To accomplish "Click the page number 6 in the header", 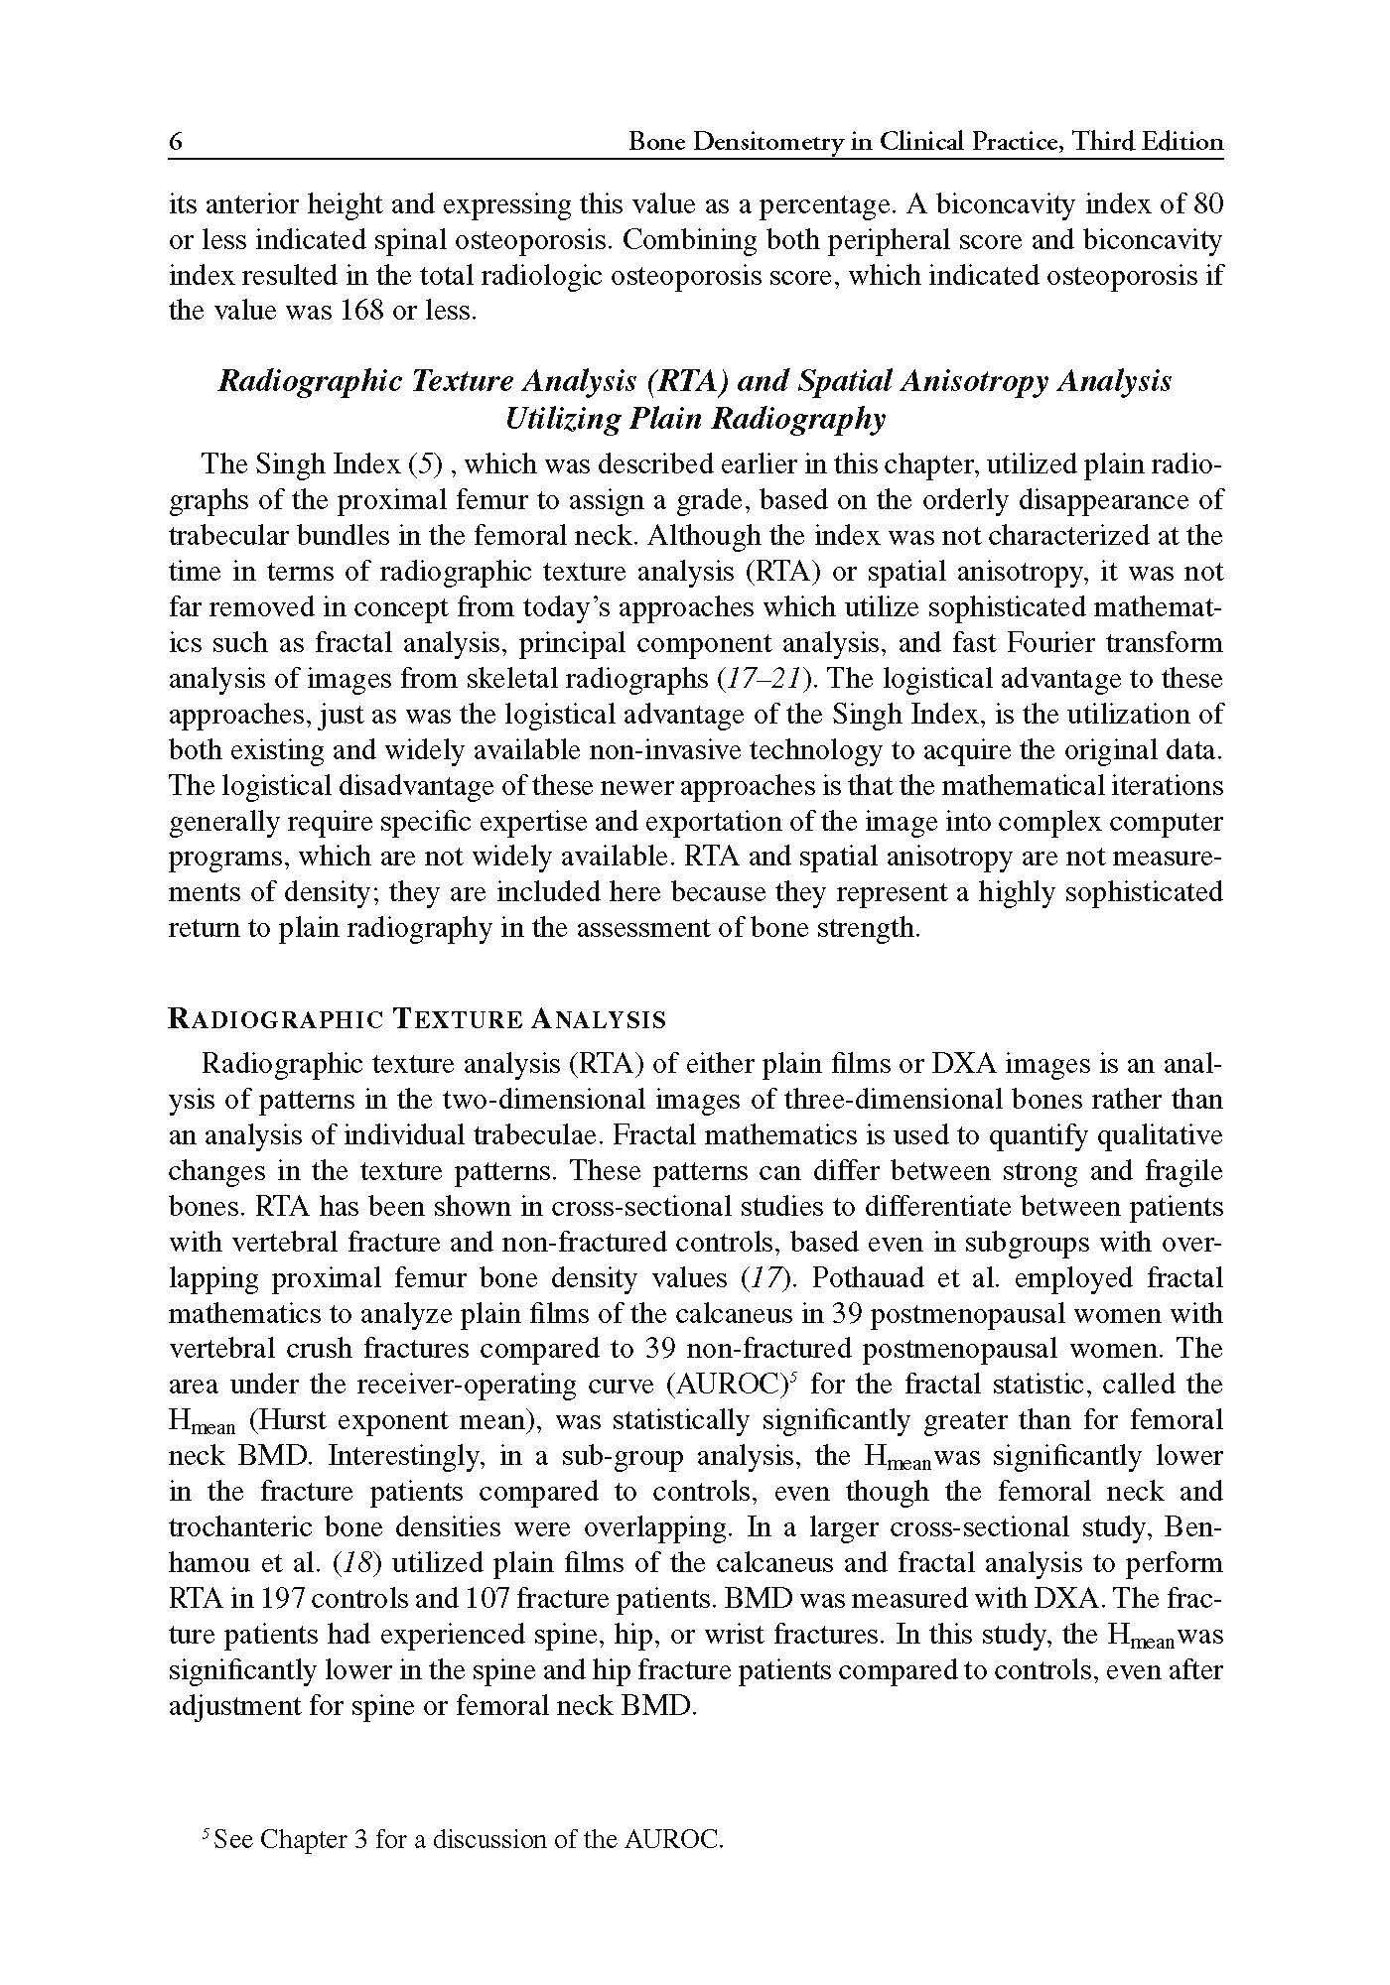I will [176, 142].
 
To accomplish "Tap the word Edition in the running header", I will [1181, 142].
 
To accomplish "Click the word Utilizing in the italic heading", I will [563, 419].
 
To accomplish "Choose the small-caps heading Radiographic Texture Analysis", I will [417, 1018].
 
